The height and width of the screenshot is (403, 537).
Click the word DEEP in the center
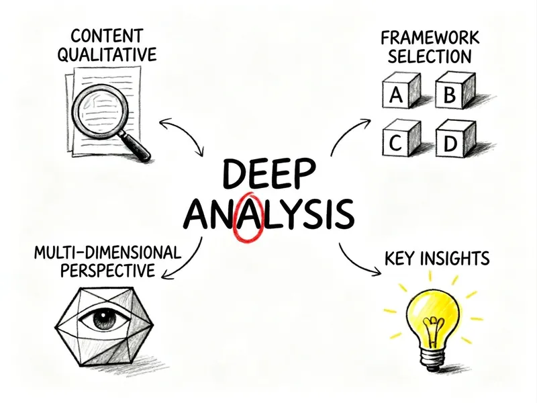click(x=268, y=173)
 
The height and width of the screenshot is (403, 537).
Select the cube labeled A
click(x=401, y=91)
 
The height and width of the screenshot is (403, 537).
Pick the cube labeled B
click(x=455, y=91)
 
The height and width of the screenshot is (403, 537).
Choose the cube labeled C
click(x=401, y=138)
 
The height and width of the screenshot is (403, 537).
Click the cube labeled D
click(x=456, y=138)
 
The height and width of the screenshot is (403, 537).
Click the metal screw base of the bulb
click(x=434, y=357)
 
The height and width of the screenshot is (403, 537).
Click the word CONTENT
click(x=107, y=36)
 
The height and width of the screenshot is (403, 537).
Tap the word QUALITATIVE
click(x=107, y=54)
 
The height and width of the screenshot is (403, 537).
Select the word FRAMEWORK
click(x=430, y=38)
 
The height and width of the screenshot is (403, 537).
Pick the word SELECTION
click(x=430, y=56)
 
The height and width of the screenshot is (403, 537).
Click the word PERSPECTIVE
click(x=107, y=271)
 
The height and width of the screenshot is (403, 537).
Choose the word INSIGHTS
click(x=455, y=258)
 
